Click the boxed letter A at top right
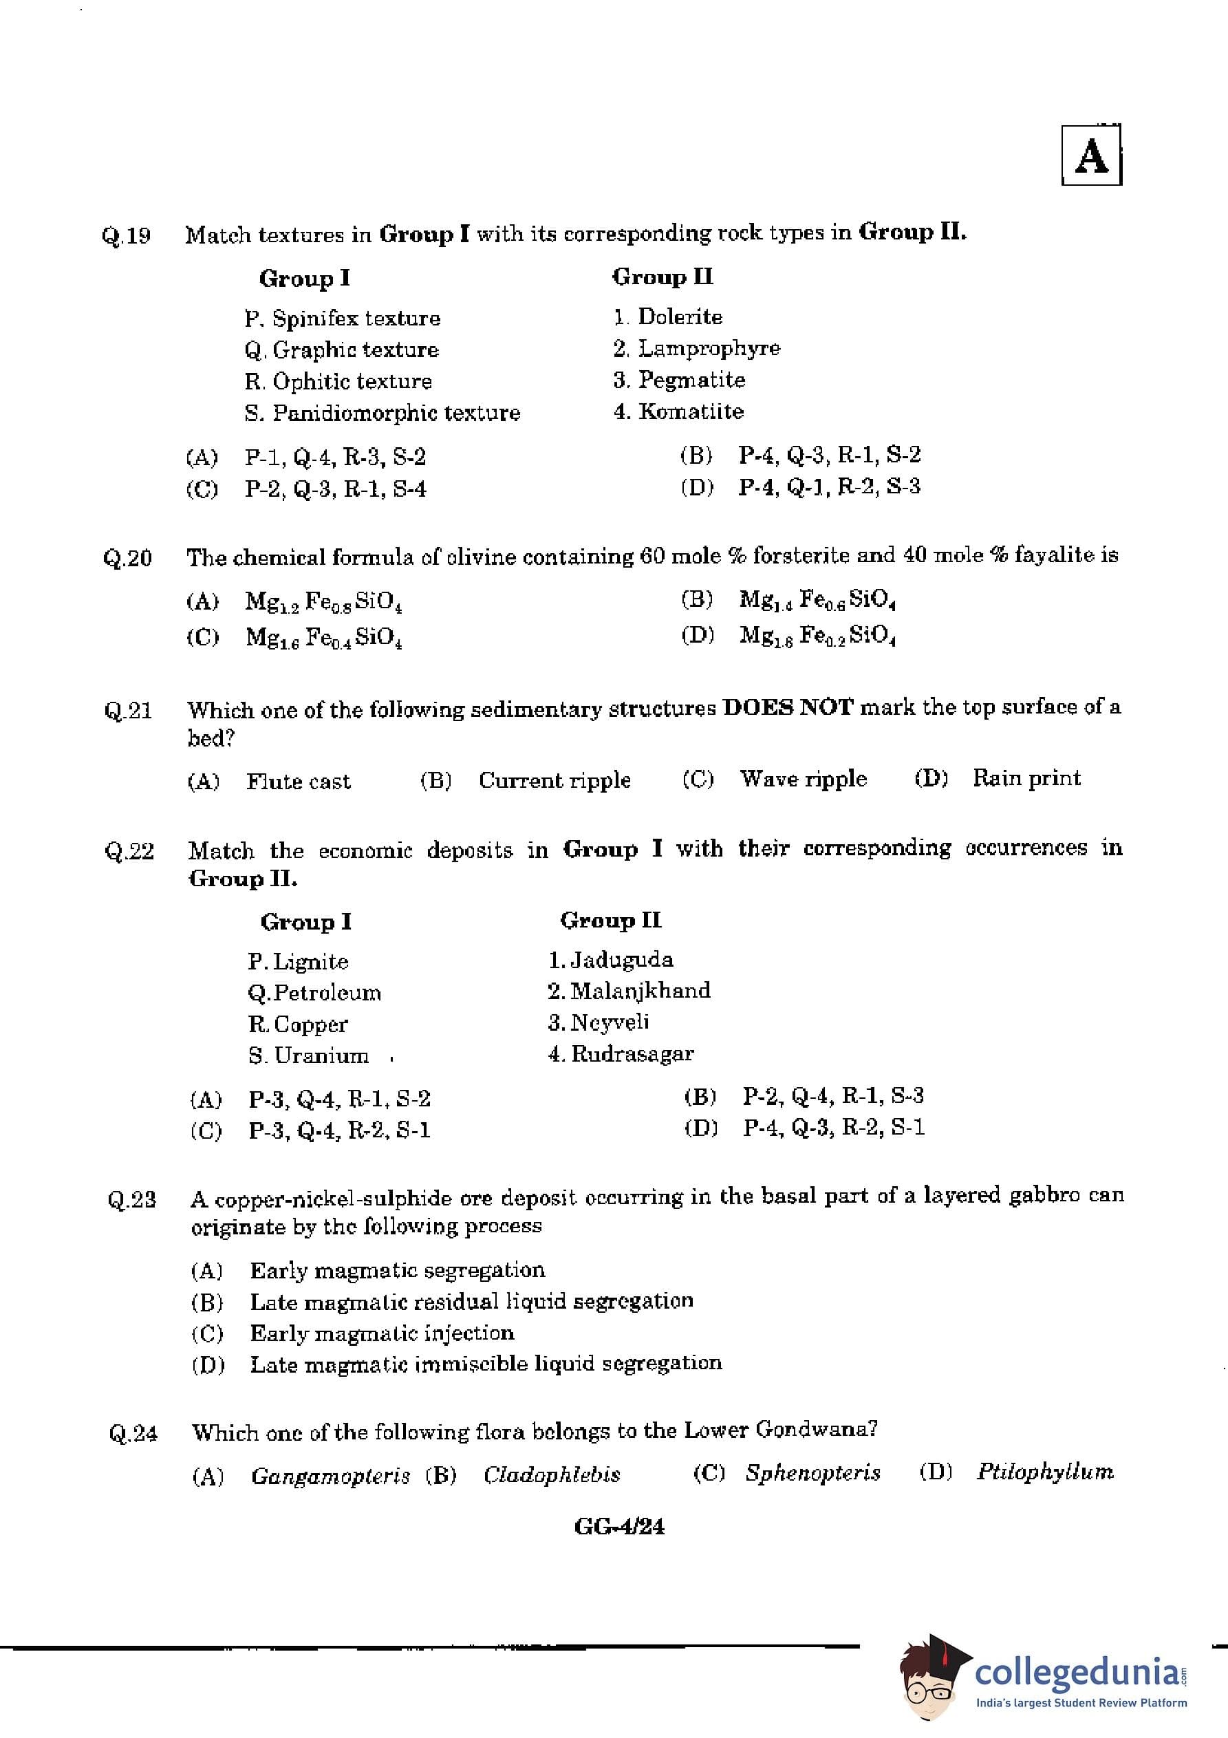point(1091,157)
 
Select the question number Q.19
point(127,235)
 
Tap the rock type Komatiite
point(691,411)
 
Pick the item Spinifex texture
point(356,318)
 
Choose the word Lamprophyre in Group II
point(709,348)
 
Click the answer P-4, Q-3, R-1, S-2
point(830,455)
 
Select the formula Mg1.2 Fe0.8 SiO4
point(323,602)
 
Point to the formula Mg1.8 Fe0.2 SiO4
point(818,634)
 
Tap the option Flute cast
point(299,781)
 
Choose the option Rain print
point(1026,778)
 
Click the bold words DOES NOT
point(788,707)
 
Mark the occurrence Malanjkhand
point(640,991)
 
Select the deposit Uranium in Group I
point(321,1055)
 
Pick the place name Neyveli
point(610,1022)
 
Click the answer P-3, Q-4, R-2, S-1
point(339,1130)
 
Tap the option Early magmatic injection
point(382,1332)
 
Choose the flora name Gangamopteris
point(330,1475)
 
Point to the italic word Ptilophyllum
point(1045,1472)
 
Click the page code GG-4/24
point(619,1526)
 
